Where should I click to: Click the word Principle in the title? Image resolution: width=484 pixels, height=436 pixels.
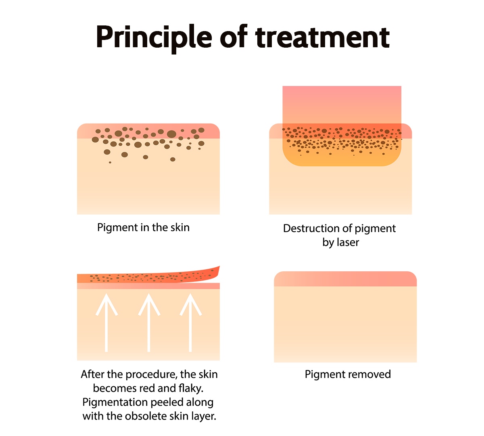pos(154,38)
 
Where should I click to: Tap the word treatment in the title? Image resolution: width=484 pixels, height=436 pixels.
pos(322,38)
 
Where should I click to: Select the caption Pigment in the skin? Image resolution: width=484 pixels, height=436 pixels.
pos(143,228)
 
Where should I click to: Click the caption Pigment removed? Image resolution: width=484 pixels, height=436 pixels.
pos(348,374)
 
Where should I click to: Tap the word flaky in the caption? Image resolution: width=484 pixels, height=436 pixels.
pos(191,388)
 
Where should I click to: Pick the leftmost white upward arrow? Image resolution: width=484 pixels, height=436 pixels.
pos(106,323)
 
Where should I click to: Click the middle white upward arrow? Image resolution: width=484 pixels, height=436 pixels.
pos(149,323)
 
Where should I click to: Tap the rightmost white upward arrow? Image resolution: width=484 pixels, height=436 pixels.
pos(190,323)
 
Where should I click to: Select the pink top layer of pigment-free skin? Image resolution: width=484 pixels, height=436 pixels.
pos(345,279)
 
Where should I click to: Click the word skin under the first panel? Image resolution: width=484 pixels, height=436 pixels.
pos(179,228)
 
